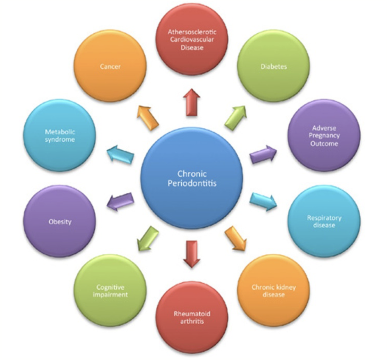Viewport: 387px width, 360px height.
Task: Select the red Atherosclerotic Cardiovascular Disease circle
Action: click(192, 39)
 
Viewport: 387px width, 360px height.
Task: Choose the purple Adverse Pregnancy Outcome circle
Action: click(324, 135)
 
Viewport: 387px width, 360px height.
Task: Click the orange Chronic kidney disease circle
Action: click(273, 290)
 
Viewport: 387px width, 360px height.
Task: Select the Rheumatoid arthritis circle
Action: click(192, 317)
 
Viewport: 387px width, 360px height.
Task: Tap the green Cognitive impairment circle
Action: click(110, 290)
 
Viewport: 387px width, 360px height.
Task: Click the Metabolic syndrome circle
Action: click(60, 135)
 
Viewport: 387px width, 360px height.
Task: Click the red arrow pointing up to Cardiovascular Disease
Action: click(192, 102)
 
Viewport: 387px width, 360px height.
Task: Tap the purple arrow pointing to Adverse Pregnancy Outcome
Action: click(263, 154)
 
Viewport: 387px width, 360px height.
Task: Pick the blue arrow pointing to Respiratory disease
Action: click(263, 201)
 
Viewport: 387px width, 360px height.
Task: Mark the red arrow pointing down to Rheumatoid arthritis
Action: click(192, 253)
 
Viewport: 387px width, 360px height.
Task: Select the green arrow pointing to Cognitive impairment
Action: click(148, 238)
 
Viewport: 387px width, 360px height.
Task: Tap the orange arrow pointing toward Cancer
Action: click(148, 117)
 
